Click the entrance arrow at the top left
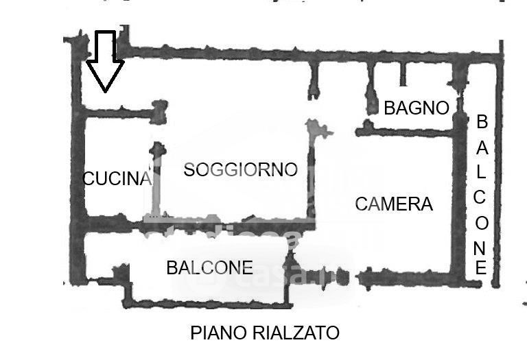105,62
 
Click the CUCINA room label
116,179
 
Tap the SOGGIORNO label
240,170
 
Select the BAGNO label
416,108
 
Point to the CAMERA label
394,204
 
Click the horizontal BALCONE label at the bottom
209,268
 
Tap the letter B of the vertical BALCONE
482,122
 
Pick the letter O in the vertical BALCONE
481,223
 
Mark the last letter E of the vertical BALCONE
481,268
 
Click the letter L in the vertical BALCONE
482,171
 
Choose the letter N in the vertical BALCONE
481,246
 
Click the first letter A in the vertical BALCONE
481,147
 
